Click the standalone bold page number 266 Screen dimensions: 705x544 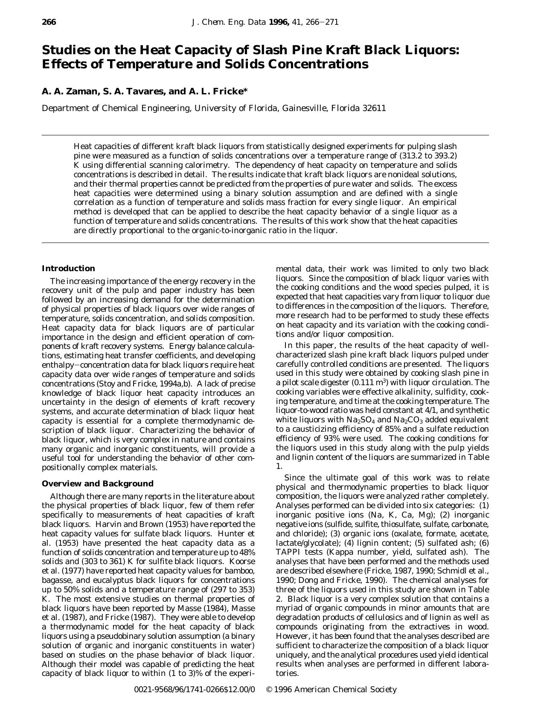(49, 22)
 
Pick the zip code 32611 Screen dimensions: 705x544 (374, 108)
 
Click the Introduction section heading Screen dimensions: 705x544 (68, 269)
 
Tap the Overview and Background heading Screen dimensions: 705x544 (97, 484)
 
